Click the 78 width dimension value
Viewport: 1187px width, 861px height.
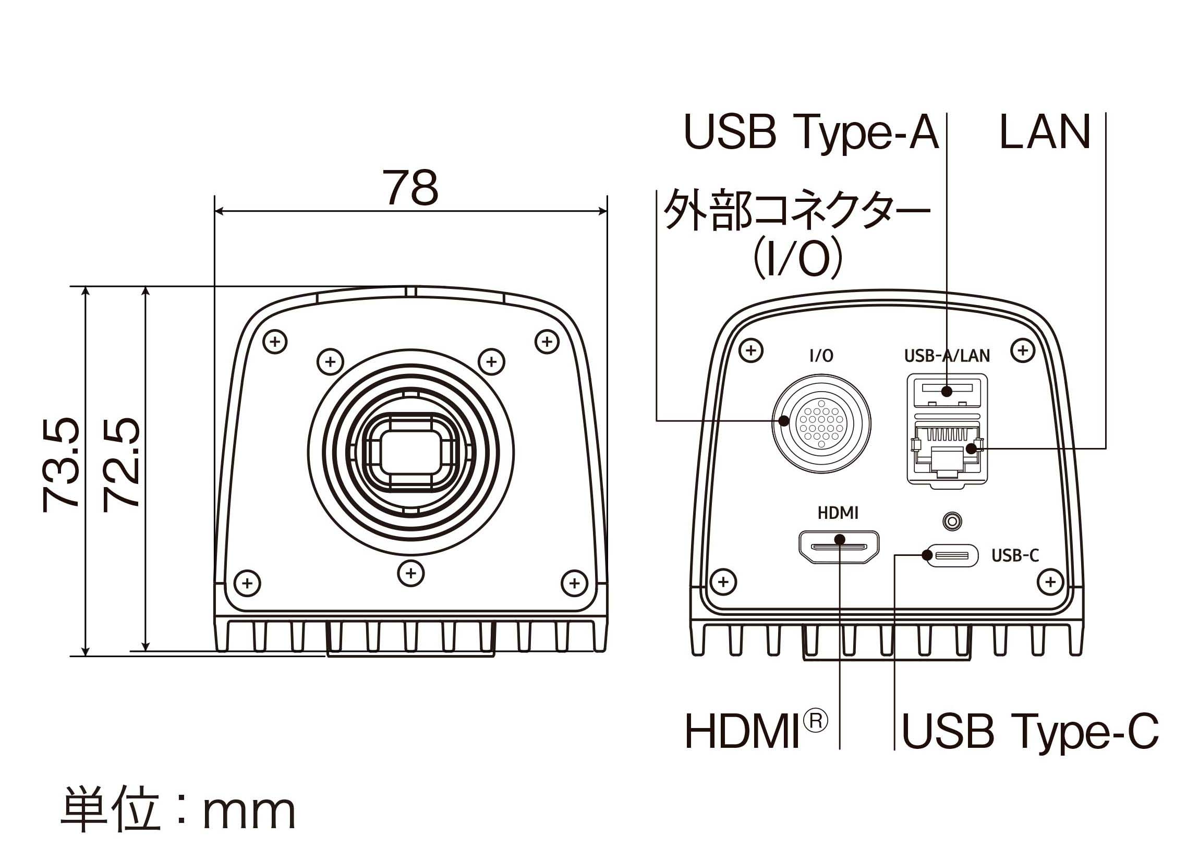coord(411,188)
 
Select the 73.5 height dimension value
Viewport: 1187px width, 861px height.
coord(61,464)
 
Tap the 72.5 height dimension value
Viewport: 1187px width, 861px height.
coord(122,464)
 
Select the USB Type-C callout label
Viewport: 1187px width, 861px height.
coord(1029,732)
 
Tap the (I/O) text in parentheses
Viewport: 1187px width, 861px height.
coord(797,259)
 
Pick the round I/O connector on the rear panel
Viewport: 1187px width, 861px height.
coord(822,423)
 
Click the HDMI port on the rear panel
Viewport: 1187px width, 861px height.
coord(839,548)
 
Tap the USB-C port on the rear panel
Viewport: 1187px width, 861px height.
coord(951,555)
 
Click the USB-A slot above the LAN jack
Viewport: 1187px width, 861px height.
coord(947,390)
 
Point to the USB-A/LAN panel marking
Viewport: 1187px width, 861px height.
coord(947,356)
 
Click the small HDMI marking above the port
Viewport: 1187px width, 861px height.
coord(838,514)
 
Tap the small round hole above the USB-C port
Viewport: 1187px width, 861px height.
coord(952,522)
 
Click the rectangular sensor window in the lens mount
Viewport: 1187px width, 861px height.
coord(411,453)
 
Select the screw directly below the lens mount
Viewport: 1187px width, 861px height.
coord(411,573)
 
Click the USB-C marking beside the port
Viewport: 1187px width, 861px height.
coord(1015,555)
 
